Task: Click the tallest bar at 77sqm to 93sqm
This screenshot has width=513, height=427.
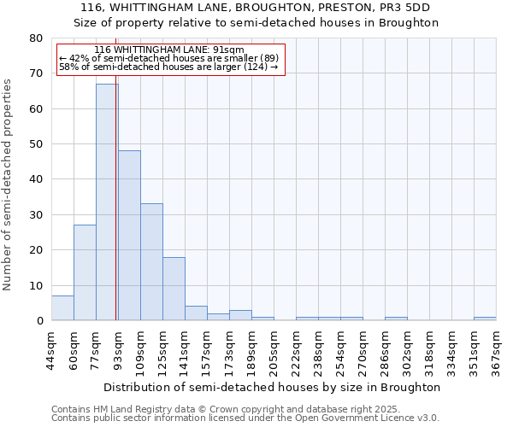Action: point(107,202)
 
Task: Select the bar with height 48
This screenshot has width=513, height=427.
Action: point(129,236)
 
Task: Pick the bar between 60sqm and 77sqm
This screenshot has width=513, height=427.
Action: point(85,272)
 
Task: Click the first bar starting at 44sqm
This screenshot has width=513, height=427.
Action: point(62,308)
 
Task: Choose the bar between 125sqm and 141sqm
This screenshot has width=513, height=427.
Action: point(174,289)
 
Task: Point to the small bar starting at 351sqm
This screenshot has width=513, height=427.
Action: point(485,319)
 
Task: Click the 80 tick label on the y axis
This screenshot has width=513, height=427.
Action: point(36,38)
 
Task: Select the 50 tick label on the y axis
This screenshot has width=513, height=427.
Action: point(36,144)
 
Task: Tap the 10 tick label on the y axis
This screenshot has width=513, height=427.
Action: point(36,286)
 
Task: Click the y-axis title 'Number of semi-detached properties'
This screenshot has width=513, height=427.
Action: point(9,184)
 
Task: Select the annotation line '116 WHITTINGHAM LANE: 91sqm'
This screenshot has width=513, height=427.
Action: point(169,50)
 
